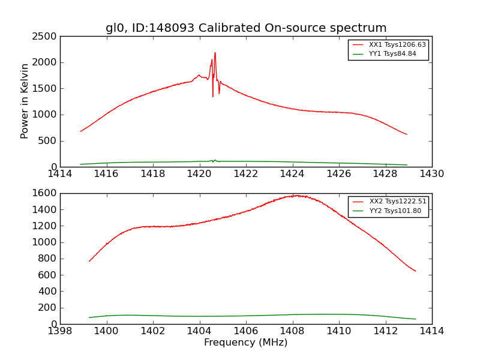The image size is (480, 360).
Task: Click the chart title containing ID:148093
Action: [x=246, y=28]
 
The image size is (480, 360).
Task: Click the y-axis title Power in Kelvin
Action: [x=25, y=101]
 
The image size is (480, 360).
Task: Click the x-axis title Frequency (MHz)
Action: [x=246, y=343]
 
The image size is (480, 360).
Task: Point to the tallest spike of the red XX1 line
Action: [x=215, y=53]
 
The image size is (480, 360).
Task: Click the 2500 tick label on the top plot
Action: [x=45, y=36]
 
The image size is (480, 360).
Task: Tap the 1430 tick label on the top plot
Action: [x=432, y=174]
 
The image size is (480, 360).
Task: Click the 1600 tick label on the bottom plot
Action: [x=45, y=193]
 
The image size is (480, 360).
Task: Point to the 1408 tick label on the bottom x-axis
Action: [x=292, y=331]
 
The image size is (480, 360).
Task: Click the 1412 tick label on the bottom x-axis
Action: [x=385, y=331]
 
